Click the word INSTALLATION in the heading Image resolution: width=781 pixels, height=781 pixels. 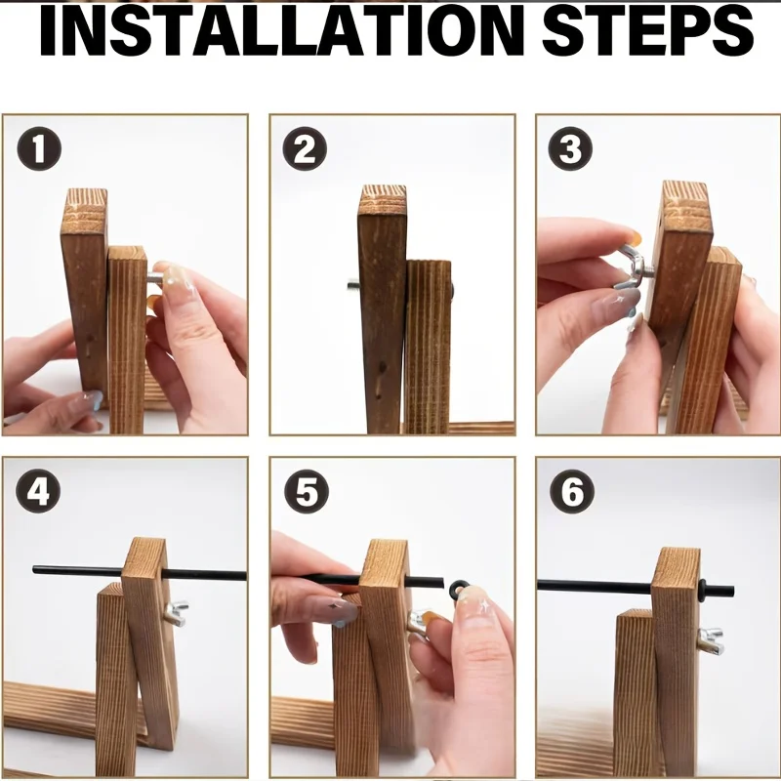point(282,31)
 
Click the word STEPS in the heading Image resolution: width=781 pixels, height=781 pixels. point(647,31)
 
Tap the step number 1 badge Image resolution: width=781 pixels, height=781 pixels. point(39,148)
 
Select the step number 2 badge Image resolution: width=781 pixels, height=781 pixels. point(305,148)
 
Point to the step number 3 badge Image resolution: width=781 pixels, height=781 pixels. point(570,148)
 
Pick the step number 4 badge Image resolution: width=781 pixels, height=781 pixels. point(38,491)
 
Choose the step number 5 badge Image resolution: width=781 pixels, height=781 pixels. point(307,491)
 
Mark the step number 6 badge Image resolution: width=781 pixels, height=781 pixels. point(572,491)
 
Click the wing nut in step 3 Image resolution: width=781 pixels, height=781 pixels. point(631,267)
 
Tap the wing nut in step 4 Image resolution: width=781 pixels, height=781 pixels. point(176,613)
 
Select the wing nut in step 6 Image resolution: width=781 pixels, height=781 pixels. point(711,641)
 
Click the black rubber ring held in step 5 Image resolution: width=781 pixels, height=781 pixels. point(459,590)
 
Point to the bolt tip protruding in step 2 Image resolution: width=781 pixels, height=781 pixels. point(353,285)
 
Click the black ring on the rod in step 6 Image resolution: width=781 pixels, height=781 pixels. point(702,591)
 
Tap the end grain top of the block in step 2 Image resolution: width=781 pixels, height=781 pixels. point(383,200)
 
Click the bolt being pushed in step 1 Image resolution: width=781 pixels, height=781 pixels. point(155,278)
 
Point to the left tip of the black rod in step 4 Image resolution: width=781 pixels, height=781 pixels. point(34,569)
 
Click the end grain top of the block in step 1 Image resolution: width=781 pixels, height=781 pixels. point(86,205)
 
